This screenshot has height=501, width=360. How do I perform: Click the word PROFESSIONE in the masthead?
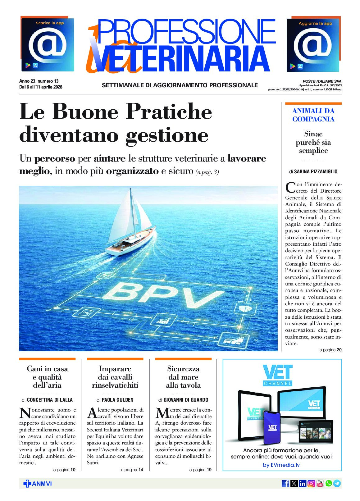tap(186, 31)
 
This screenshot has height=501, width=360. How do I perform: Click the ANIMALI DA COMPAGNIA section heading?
tap(313, 115)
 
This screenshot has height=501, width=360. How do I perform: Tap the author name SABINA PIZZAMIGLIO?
tap(316, 171)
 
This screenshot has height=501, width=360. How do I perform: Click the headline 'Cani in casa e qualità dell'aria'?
tap(47, 377)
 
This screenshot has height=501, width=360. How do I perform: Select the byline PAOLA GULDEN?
tap(117, 400)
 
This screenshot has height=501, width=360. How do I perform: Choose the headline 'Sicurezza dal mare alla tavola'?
tap(183, 377)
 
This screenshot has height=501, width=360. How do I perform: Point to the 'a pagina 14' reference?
tap(132, 470)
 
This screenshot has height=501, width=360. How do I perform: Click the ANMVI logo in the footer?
tap(38, 484)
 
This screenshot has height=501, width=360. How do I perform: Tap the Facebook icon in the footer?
tap(285, 483)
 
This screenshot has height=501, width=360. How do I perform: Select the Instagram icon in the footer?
tap(311, 483)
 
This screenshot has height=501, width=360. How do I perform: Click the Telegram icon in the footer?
tap(337, 483)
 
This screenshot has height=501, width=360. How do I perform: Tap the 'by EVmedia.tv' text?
tap(281, 465)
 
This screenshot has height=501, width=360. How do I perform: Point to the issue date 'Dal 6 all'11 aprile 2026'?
tap(41, 87)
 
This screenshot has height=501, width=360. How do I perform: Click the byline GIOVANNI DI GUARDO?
tap(186, 400)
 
